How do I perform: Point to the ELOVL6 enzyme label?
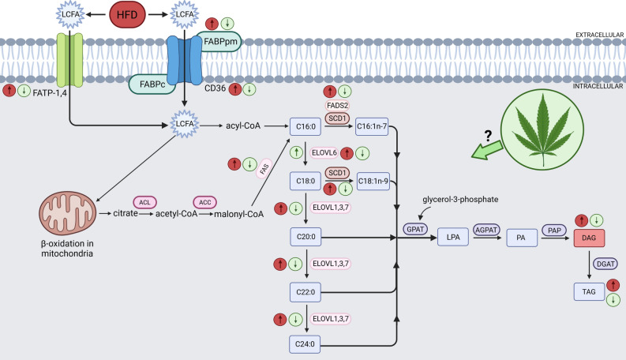(x=325, y=153)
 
